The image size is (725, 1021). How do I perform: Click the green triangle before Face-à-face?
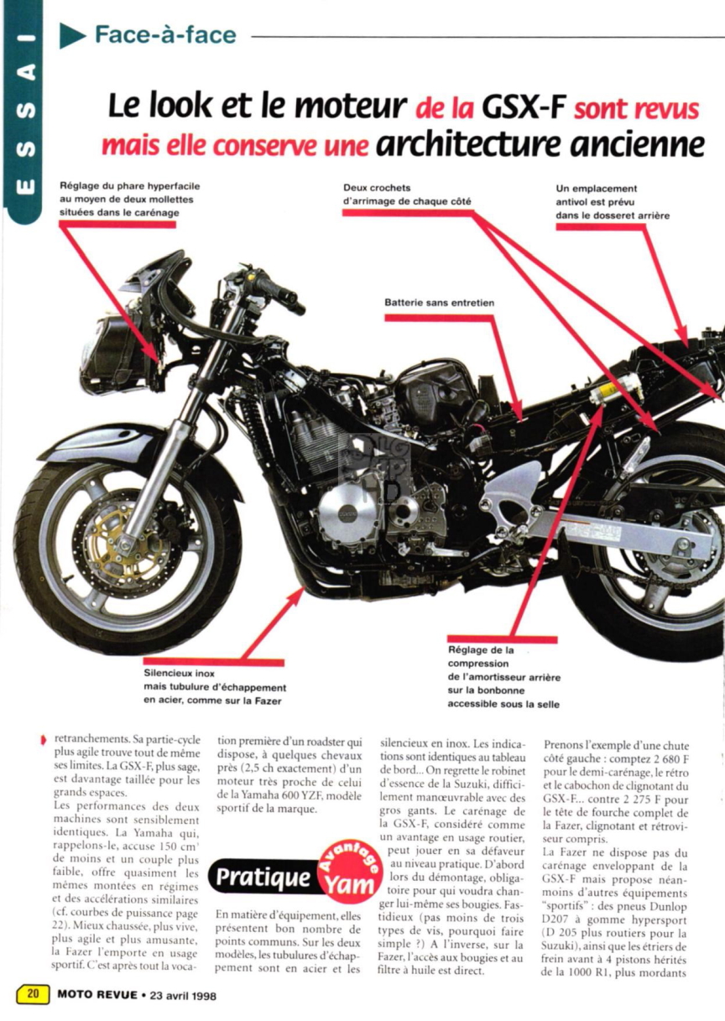point(72,35)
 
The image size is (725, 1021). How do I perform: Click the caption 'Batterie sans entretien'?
point(440,303)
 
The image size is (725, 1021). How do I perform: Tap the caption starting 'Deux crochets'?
point(407,195)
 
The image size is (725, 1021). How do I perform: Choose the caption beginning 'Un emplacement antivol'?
point(613,202)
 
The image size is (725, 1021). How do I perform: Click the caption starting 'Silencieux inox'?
point(215,687)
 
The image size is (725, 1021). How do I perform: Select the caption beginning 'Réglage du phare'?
point(130,199)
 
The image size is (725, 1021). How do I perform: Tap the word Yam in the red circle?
point(348,884)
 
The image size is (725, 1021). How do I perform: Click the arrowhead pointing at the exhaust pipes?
point(298,594)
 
